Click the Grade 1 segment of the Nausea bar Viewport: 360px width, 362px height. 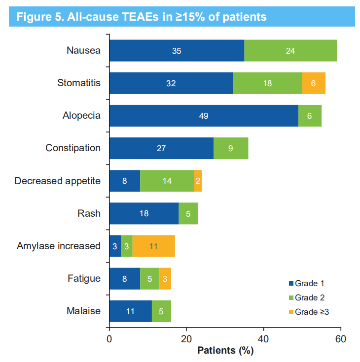[177, 50]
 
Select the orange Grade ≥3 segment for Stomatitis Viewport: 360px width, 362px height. [314, 83]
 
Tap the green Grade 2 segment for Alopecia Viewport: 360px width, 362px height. [310, 116]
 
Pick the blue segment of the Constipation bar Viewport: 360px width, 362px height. [161, 148]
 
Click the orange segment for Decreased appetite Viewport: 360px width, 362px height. [198, 181]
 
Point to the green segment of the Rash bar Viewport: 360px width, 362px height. [188, 213]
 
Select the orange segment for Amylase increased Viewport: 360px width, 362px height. [153, 246]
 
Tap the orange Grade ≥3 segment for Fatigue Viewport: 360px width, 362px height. [165, 278]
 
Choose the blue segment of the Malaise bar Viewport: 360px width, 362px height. [130, 311]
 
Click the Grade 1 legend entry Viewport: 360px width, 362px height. [306, 283]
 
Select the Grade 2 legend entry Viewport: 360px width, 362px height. [306, 297]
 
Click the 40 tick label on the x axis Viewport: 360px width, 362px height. [263, 339]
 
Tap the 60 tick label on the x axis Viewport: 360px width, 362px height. [341, 339]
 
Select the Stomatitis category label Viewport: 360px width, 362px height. [79, 83]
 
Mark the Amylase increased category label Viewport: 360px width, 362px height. [59, 246]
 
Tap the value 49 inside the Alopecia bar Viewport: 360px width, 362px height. [204, 116]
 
